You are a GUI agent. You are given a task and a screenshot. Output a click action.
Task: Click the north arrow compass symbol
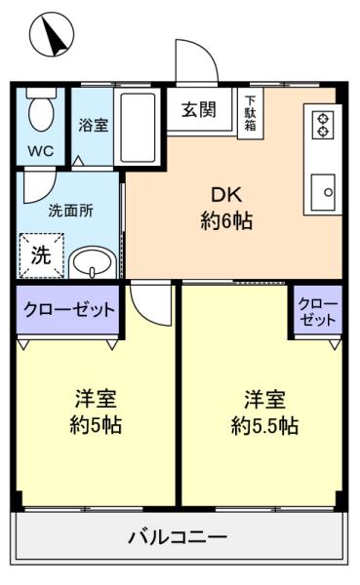coord(52,34)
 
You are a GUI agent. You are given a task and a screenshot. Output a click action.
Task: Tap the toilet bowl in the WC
coord(42,111)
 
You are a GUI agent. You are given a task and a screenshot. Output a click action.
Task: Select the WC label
coord(41,151)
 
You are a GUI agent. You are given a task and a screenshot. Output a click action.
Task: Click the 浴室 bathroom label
coord(94,125)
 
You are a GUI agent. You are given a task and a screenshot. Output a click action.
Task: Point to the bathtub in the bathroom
coord(138,127)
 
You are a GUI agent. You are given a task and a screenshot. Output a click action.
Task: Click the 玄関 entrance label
coord(199,109)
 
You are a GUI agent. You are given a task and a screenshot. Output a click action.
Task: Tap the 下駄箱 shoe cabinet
coord(251,113)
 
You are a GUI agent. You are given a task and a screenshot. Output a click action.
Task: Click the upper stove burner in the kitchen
coord(323,119)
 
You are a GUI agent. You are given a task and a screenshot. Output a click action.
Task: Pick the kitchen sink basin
coord(323,192)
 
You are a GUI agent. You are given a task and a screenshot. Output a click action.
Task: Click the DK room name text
coord(226,194)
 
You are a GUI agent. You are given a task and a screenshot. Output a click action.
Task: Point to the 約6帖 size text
coord(226,220)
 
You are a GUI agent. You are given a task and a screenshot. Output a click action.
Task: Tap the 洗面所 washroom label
coord(71,212)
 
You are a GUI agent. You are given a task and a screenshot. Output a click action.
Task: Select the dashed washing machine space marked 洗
coord(42,255)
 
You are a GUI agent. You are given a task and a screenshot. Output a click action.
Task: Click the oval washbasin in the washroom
coord(93,263)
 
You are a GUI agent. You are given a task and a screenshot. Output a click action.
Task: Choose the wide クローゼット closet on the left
coord(68,310)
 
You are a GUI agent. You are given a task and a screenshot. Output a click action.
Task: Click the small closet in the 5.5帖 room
coord(318,311)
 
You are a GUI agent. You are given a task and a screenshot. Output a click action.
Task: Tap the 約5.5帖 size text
coord(264,425)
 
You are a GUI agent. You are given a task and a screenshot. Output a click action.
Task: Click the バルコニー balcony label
coord(178,537)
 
